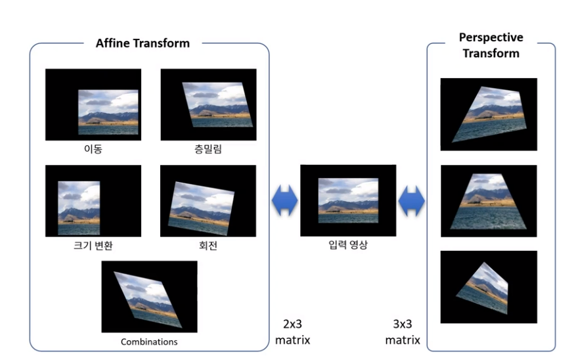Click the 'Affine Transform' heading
(x=143, y=43)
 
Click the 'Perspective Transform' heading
(x=491, y=45)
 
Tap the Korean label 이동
(x=93, y=150)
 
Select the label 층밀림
(x=208, y=150)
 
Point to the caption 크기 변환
(x=93, y=246)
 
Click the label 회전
(x=208, y=246)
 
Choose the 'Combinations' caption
(x=149, y=342)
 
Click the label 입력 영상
(x=347, y=246)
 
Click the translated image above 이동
(x=93, y=105)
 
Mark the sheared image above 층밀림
(x=208, y=105)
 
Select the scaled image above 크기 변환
(x=93, y=200)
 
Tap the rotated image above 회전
(x=208, y=200)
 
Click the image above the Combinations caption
(x=149, y=297)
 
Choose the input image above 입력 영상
(x=347, y=200)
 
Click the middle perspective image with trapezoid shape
(x=488, y=201)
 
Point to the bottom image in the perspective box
(x=488, y=287)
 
